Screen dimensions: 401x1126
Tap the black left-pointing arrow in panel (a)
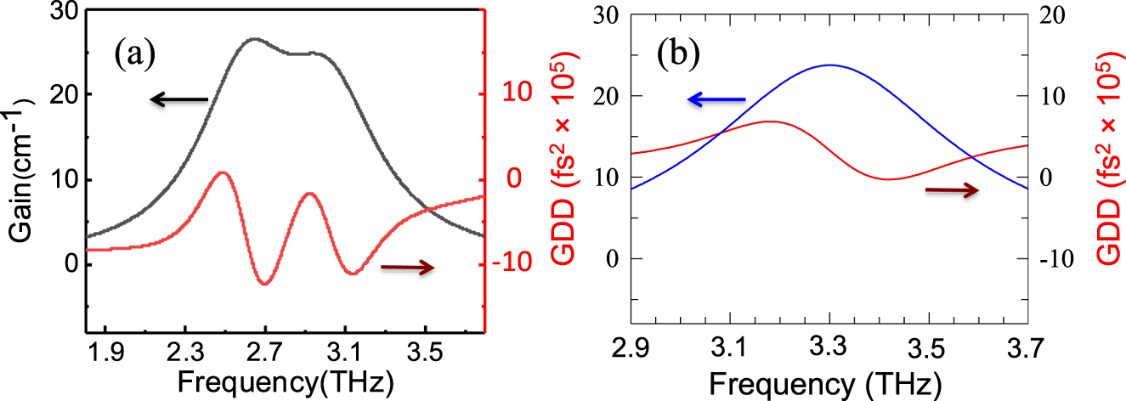(178, 100)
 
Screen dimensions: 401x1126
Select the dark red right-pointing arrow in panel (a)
(408, 268)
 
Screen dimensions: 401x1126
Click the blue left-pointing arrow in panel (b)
(716, 100)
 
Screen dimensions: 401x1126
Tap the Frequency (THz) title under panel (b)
(824, 381)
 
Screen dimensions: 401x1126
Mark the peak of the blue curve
(829, 65)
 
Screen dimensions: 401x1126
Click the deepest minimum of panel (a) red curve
(265, 284)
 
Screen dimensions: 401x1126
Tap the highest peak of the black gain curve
(253, 38)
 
